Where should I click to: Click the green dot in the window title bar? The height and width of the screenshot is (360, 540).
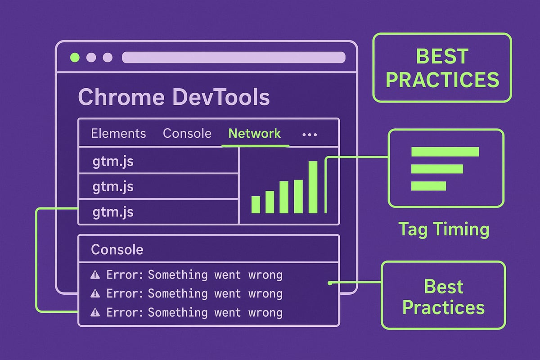75,58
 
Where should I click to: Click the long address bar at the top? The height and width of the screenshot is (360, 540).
234,58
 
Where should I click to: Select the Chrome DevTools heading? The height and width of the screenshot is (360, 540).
174,97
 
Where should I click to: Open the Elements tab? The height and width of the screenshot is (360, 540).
118,134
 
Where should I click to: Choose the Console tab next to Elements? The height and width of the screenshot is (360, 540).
187,134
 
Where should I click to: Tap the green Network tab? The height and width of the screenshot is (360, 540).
255,134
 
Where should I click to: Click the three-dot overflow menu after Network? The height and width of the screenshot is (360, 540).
310,135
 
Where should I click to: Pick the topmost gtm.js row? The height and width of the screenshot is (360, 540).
113,162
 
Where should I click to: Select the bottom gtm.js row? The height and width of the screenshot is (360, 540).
113,212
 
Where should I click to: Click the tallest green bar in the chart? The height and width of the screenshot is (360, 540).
313,187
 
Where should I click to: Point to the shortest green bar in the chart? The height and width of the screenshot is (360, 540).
256,205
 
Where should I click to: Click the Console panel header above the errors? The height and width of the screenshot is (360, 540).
117,249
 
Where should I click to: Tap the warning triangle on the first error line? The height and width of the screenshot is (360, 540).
95,275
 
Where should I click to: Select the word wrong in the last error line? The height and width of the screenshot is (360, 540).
265,312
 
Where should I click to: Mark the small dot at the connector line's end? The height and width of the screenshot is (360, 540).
330,283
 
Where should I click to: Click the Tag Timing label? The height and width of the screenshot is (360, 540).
443,229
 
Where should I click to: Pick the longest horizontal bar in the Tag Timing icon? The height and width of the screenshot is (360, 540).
445,152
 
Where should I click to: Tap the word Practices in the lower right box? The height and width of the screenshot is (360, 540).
443,307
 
